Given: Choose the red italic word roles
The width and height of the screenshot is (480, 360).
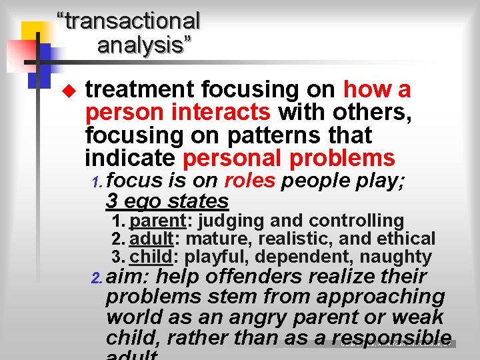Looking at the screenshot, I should (x=249, y=181).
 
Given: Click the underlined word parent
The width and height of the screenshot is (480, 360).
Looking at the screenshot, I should (x=157, y=221).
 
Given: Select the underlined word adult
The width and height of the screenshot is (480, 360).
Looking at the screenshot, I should (x=150, y=239).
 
